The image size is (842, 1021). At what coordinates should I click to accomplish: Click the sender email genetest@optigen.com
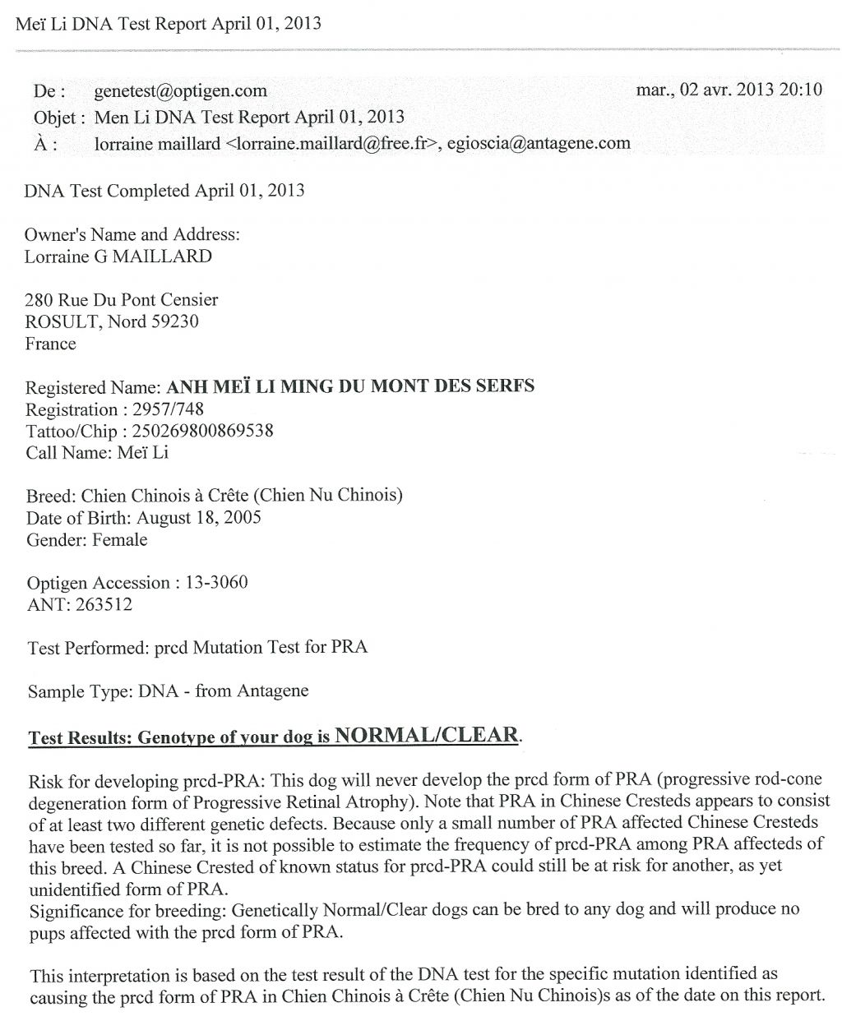180,91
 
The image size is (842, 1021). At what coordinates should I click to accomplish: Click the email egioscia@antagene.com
539,144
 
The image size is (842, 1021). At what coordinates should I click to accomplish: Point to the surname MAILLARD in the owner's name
163,256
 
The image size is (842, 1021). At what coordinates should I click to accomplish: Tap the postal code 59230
174,321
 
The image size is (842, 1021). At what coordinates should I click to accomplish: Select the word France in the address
50,344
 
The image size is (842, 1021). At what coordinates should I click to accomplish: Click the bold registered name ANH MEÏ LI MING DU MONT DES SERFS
350,386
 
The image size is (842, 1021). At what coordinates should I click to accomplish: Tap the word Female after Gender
120,540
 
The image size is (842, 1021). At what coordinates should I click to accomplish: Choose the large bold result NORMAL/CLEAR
426,735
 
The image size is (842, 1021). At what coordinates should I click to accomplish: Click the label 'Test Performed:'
89,648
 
